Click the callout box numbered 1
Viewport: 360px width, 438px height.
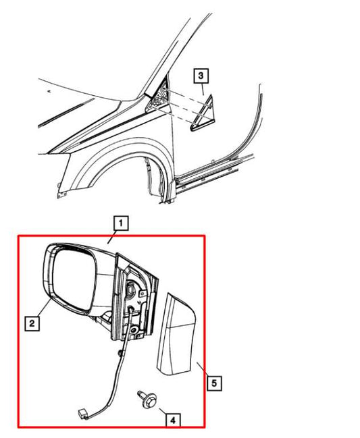click(119, 222)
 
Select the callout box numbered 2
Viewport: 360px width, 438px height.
click(30, 325)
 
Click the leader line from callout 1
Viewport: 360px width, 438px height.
click(114, 236)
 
